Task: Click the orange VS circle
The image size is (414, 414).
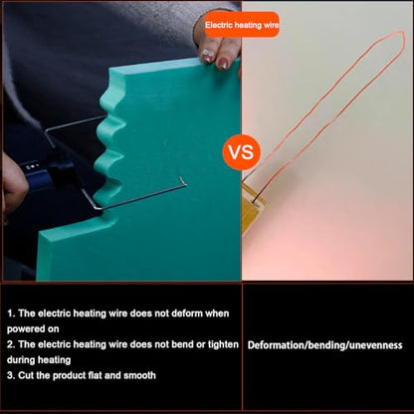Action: point(242,152)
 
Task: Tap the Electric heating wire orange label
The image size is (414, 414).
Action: point(242,25)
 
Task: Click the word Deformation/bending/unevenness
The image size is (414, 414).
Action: point(324,345)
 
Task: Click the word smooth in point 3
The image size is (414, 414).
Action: point(139,375)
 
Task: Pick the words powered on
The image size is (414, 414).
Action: point(33,329)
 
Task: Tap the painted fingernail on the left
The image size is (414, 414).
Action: point(207,54)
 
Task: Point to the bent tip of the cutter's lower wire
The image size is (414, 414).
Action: point(182,180)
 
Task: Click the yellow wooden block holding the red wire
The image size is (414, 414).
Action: point(252,208)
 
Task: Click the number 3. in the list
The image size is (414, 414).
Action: point(11,376)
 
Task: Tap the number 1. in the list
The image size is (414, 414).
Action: point(11,313)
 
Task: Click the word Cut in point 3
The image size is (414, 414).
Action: point(27,375)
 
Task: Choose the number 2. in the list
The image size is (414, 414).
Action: point(11,344)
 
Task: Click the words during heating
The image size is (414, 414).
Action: point(39,360)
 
